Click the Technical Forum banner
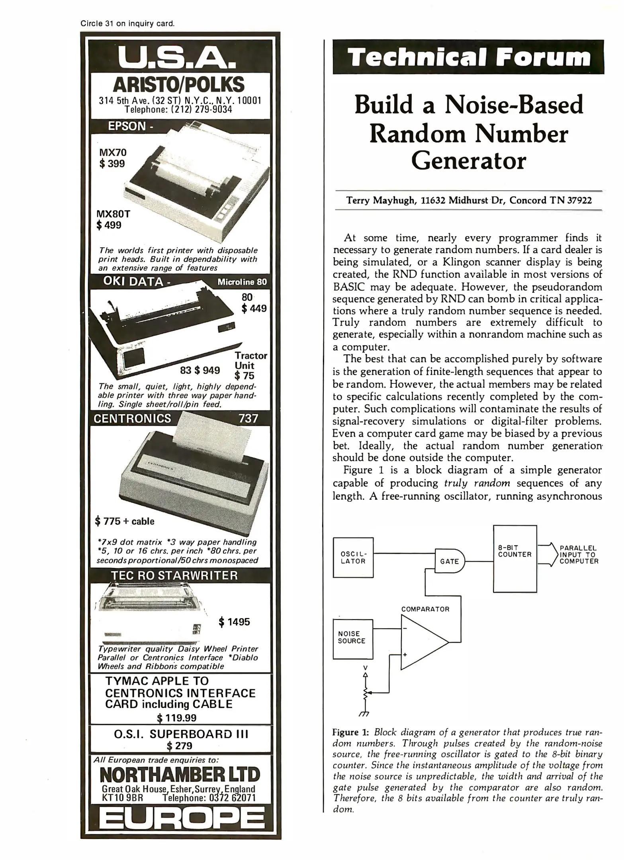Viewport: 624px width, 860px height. pos(468,57)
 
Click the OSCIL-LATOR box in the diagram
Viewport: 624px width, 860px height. pos(353,557)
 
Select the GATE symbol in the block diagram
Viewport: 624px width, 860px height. pos(450,561)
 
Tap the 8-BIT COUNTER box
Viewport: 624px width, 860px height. pos(515,559)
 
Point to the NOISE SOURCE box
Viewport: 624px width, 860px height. pos(353,639)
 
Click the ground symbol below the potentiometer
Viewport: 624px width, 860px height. pos(364,714)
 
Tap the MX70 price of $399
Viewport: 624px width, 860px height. pos(112,164)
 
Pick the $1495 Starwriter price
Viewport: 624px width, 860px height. pos(235,622)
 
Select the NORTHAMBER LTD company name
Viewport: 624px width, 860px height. pos(180,775)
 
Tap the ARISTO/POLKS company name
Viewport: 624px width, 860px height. pos(178,85)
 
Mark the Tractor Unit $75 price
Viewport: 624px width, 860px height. pos(244,375)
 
